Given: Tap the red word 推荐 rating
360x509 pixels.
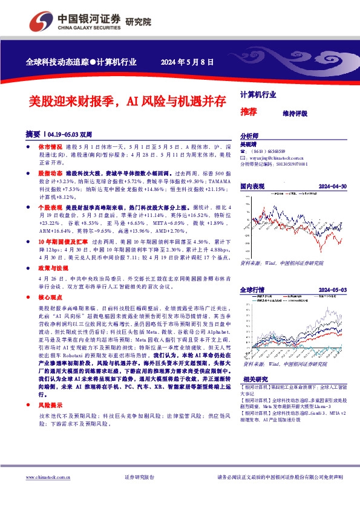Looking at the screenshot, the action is pos(249,112).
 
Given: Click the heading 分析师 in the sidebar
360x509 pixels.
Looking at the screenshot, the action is pos(249,137).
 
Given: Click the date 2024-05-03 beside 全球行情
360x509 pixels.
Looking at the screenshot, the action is pos(332,290).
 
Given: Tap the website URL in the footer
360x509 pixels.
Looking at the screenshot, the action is pos(47,478).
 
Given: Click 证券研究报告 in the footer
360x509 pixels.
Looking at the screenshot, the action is pos(139,478).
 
